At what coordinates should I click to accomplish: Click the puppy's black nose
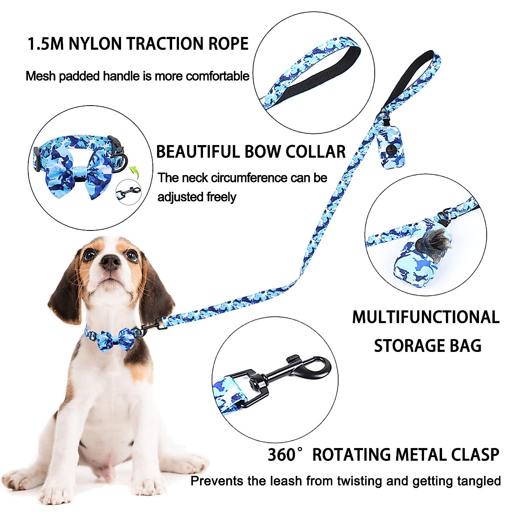(111, 261)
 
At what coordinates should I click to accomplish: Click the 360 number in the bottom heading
(282, 455)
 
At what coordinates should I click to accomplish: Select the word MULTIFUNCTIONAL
(426, 318)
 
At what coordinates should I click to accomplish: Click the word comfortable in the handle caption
(218, 76)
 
